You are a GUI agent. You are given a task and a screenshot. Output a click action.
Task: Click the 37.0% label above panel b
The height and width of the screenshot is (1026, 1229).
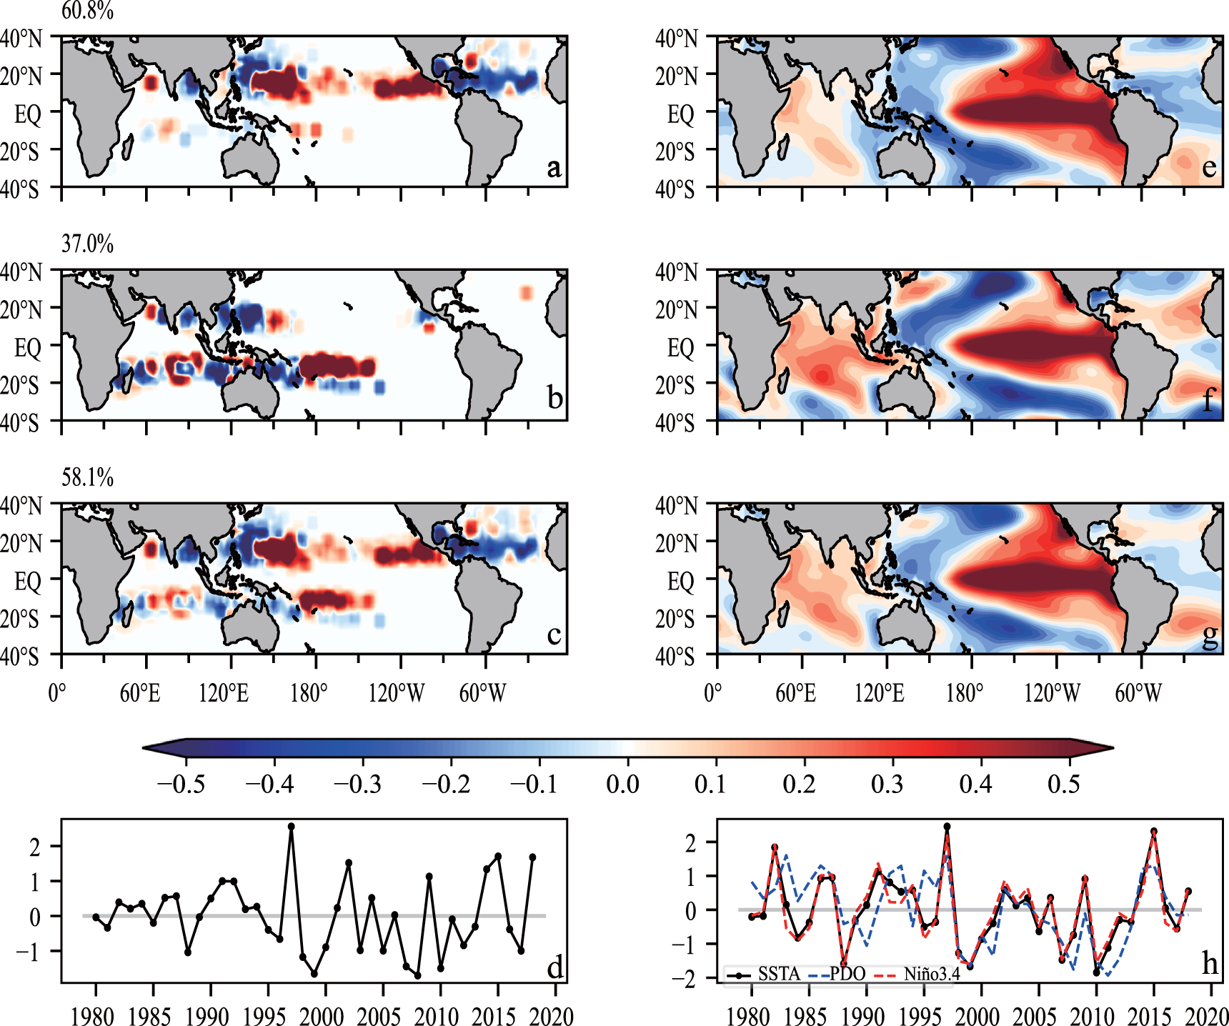click(x=87, y=244)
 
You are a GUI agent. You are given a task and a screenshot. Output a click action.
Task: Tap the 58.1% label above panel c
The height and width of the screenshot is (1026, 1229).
click(x=87, y=477)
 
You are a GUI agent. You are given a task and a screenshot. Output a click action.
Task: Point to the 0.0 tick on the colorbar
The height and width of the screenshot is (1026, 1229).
click(x=622, y=784)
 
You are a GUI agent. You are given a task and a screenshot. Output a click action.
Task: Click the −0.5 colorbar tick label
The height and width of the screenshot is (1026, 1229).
click(x=181, y=784)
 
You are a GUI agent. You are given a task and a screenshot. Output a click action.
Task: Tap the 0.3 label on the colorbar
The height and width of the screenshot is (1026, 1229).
click(x=887, y=784)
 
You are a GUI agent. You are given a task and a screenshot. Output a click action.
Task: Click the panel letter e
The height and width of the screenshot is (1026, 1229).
click(x=1209, y=167)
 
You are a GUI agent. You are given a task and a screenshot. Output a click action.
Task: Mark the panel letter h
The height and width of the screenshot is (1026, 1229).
click(x=1209, y=964)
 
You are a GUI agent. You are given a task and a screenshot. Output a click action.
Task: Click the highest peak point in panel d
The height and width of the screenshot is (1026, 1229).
click(x=291, y=827)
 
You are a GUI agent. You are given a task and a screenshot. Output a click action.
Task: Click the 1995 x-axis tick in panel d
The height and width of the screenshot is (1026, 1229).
click(x=264, y=1016)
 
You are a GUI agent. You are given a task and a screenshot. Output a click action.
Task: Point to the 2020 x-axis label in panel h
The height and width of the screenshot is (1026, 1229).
click(x=1208, y=1016)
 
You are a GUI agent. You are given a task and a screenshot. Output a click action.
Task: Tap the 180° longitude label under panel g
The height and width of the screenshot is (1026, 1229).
click(x=964, y=692)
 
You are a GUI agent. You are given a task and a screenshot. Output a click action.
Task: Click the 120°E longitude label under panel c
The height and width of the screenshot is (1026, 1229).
click(x=224, y=692)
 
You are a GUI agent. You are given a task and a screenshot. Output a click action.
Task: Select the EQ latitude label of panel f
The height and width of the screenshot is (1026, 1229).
click(x=681, y=348)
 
